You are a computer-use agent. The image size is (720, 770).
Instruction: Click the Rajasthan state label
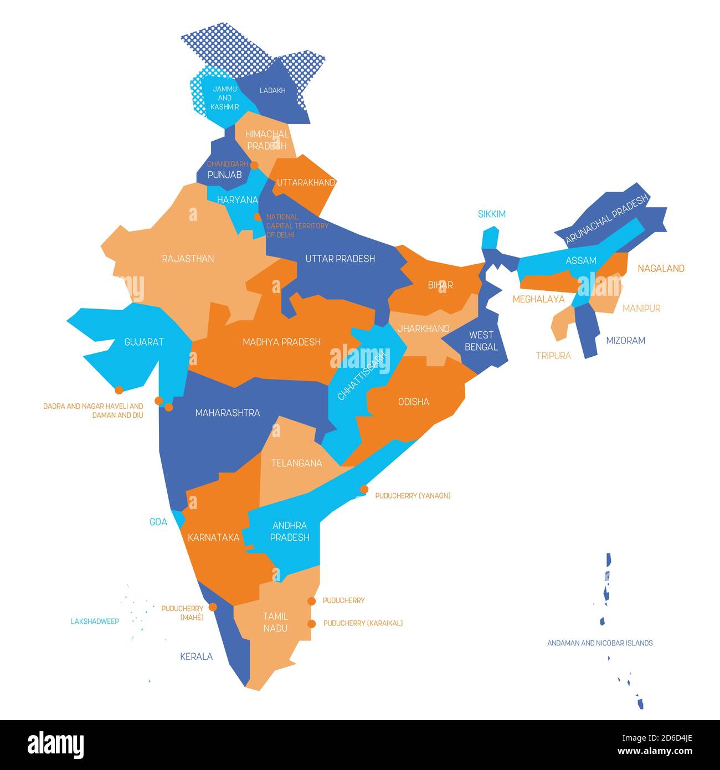tap(188, 259)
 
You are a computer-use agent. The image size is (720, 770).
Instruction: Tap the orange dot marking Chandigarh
tap(254, 165)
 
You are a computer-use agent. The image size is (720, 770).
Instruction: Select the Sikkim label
tap(491, 214)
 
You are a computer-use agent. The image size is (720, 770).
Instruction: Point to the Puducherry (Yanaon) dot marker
tap(364, 489)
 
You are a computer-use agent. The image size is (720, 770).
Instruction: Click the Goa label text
tap(158, 522)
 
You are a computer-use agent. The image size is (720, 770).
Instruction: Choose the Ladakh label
tap(272, 90)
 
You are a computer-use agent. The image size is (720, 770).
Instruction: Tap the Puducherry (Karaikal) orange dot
tap(311, 623)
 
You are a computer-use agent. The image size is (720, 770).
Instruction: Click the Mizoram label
tap(625, 340)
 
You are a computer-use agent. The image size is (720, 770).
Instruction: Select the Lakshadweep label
tap(95, 622)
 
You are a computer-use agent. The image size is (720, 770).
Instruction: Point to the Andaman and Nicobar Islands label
tap(600, 643)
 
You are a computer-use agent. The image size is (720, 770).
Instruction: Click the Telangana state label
tap(296, 463)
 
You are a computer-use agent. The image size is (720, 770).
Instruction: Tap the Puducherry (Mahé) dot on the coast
tap(213, 607)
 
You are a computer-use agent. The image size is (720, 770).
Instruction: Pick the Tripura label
tap(553, 356)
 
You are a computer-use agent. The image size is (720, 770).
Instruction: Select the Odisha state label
tap(413, 402)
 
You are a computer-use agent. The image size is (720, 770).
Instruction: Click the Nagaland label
tap(661, 268)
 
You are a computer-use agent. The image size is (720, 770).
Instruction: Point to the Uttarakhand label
tap(306, 182)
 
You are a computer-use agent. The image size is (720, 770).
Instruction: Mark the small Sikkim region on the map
tap(490, 237)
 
